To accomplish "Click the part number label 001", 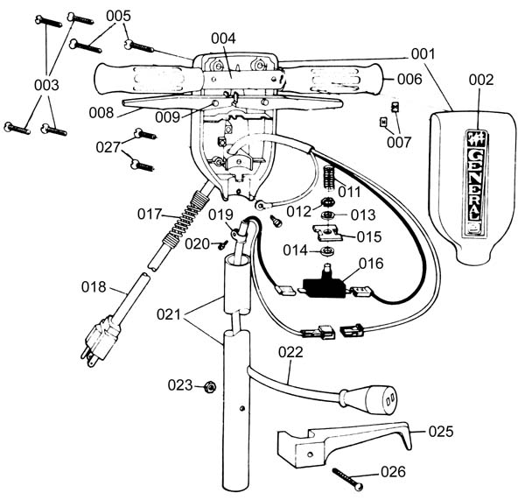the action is tap(423, 54).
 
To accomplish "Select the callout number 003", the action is tap(46, 85).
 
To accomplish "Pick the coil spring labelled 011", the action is tap(329, 178).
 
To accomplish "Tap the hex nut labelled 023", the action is tap(210, 387).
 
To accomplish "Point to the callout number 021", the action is tap(169, 314).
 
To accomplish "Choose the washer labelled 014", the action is tap(327, 250).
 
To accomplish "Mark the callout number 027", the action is tap(108, 147).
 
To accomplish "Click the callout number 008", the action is tap(101, 113).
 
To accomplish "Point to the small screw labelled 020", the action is tap(222, 245).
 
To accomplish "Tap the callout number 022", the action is tap(290, 352).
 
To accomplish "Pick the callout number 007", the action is tap(399, 142).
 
